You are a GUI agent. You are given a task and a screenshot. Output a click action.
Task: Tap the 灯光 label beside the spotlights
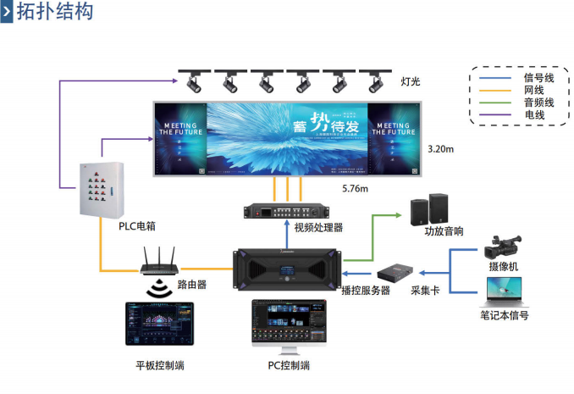point(411,82)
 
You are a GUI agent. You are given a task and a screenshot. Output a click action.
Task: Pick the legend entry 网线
point(533,90)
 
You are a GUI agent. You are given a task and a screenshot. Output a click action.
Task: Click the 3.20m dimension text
point(440,149)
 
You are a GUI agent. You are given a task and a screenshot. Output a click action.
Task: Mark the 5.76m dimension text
point(355,187)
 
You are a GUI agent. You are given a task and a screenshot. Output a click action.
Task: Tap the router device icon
point(158,263)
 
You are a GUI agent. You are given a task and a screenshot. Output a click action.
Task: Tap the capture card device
point(399,272)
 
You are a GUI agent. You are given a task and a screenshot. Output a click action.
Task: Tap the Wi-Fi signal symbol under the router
point(158,291)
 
